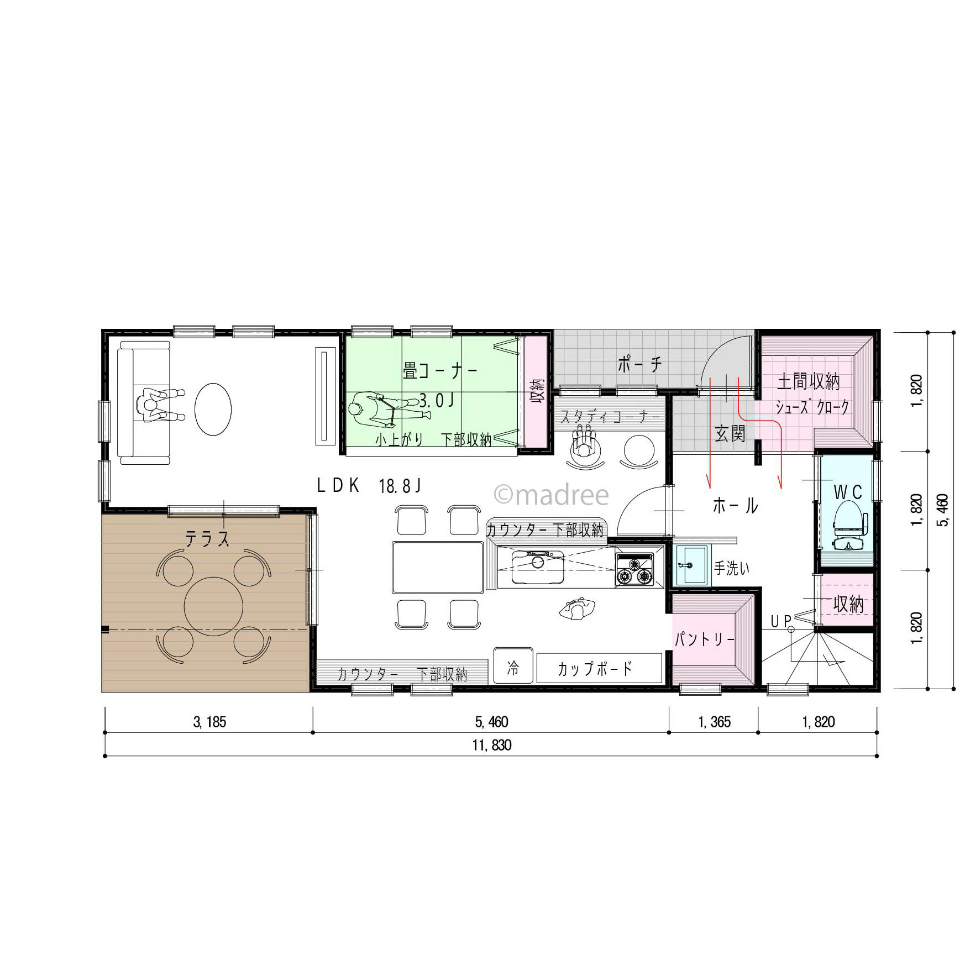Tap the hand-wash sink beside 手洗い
point(692,564)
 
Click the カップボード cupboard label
point(594,669)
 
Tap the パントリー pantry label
point(704,639)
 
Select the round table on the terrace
point(213,606)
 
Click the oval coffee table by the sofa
point(213,410)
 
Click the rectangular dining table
point(438,568)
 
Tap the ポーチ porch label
point(639,364)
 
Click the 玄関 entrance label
point(730,434)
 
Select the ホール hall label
point(735,505)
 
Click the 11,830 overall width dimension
point(491,745)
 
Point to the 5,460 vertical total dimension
point(943,510)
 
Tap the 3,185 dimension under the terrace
point(209,722)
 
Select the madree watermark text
point(551,495)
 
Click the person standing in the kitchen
point(577,609)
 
